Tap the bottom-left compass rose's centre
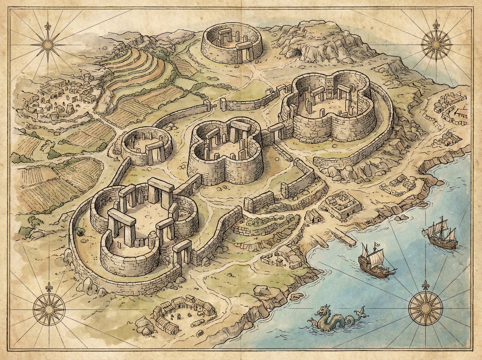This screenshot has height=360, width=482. coord(49,309)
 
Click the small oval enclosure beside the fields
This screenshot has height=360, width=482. coord(146,146)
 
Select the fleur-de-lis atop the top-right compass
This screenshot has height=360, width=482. coord(436,25)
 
